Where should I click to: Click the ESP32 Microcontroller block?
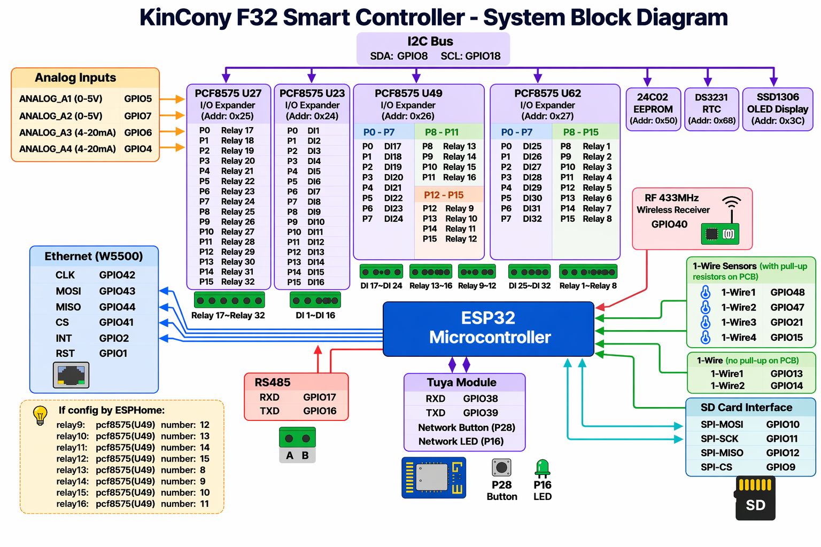[x=488, y=329]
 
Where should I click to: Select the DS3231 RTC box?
[x=711, y=109]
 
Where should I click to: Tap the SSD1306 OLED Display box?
[x=777, y=109]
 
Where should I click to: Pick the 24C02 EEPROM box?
[x=653, y=109]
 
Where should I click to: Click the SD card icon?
[x=755, y=498]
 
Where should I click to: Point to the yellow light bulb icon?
[x=40, y=416]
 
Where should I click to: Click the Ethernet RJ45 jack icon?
[x=71, y=375]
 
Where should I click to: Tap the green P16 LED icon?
[x=542, y=468]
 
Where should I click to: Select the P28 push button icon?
[x=501, y=467]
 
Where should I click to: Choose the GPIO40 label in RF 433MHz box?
[x=669, y=224]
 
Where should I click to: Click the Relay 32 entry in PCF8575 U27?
[x=238, y=282]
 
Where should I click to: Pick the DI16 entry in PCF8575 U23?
[x=316, y=282]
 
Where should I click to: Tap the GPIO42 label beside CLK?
[x=117, y=275]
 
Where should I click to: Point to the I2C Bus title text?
[x=430, y=42]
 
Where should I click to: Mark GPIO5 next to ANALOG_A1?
[x=138, y=98]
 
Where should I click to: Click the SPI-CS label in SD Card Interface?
[x=716, y=467]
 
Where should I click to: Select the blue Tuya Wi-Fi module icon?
[x=433, y=478]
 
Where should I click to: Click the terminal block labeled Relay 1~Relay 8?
[x=588, y=272]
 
